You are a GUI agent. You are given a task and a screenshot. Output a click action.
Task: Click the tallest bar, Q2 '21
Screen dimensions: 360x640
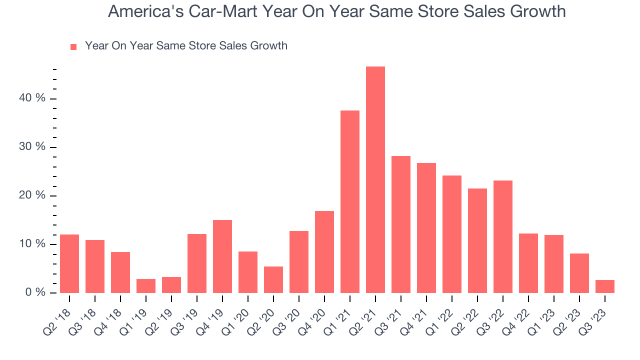click(375, 179)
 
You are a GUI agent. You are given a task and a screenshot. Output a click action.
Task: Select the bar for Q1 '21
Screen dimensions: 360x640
click(349, 201)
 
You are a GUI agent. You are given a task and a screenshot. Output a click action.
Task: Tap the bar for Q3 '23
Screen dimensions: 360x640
click(604, 286)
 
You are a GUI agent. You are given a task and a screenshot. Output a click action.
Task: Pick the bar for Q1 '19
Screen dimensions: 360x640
click(145, 286)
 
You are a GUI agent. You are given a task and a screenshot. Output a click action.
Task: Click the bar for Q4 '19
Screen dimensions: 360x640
click(222, 256)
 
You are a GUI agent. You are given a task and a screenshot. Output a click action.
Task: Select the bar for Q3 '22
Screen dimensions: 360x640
click(502, 236)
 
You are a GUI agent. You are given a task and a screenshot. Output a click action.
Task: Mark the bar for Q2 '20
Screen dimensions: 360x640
click(273, 279)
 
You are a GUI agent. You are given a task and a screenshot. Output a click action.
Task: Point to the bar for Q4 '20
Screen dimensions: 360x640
click(324, 252)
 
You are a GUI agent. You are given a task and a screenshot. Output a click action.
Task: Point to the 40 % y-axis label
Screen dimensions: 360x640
click(32, 98)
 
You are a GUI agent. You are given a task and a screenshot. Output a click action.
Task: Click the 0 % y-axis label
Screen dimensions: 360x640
click(35, 292)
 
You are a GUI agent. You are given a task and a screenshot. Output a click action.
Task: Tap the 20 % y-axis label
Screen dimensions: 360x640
click(32, 195)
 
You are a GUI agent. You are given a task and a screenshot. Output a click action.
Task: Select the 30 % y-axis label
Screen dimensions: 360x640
click(32, 147)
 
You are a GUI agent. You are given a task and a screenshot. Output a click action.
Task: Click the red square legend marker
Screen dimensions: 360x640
click(73, 46)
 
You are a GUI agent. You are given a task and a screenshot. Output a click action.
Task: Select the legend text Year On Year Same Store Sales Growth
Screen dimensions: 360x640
click(186, 46)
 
